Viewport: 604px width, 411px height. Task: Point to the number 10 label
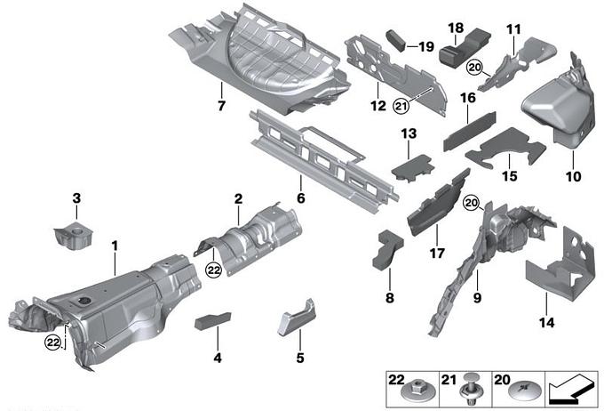pyautogui.click(x=573, y=176)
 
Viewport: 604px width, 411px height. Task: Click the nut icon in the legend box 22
pyautogui.click(x=415, y=391)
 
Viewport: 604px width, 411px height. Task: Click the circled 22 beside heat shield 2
pyautogui.click(x=213, y=270)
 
